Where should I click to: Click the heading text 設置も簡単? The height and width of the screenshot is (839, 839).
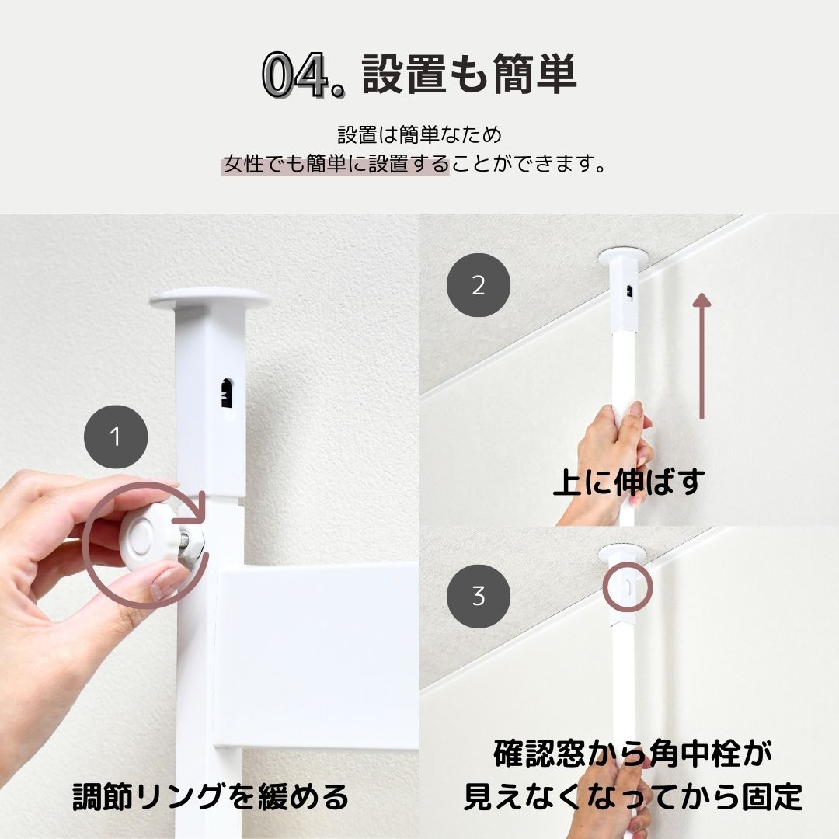click(469, 75)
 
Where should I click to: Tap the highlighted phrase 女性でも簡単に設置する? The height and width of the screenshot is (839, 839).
click(336, 164)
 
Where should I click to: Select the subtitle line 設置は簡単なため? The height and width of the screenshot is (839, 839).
click(419, 134)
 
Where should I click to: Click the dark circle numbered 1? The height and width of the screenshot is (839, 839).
click(116, 437)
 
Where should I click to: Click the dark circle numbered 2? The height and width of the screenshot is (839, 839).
click(479, 285)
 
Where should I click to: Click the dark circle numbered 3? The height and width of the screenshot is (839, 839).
click(479, 596)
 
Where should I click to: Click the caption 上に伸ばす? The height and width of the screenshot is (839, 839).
click(628, 481)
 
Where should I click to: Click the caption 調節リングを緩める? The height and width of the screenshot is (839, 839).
click(211, 797)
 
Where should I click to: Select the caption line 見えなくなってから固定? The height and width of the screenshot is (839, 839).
click(633, 797)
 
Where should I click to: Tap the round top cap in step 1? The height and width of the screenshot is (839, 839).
click(210, 299)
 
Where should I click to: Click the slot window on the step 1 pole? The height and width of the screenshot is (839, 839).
click(227, 394)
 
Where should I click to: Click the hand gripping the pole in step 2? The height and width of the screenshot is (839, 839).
click(614, 458)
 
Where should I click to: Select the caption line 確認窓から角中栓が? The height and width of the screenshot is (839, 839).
click(633, 753)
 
